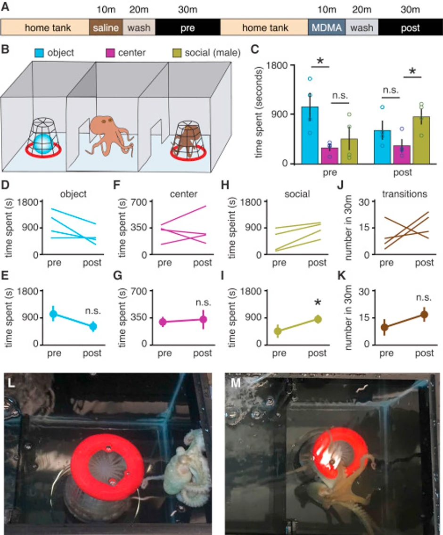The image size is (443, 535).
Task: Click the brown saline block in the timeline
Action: point(106,28)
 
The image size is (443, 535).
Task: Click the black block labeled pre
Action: point(188,28)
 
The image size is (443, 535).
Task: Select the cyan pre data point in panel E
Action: point(53,313)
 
